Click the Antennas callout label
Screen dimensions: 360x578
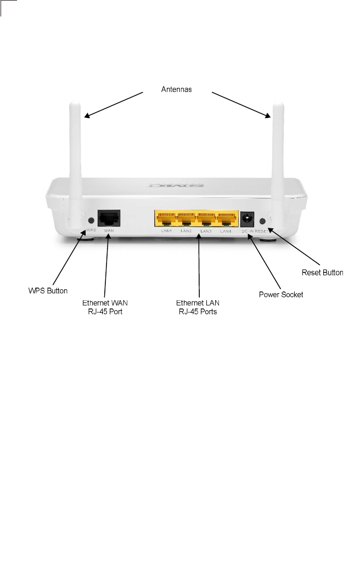(176, 90)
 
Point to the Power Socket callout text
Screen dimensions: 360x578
(281, 294)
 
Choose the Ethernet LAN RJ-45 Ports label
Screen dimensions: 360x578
(198, 306)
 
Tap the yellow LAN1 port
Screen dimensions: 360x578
(165, 220)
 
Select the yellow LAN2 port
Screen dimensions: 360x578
(186, 220)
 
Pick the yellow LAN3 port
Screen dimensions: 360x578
(207, 220)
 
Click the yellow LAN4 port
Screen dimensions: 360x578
(226, 220)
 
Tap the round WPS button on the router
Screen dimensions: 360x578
(89, 221)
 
